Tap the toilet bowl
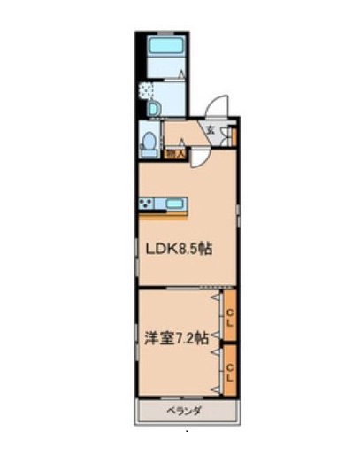coord(149,141)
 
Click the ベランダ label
coord(186,412)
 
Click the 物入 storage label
coord(175,153)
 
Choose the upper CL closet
coord(229,316)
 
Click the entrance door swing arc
coord(216,105)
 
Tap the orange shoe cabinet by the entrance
coord(234,136)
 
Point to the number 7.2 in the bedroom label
coord(186,337)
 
